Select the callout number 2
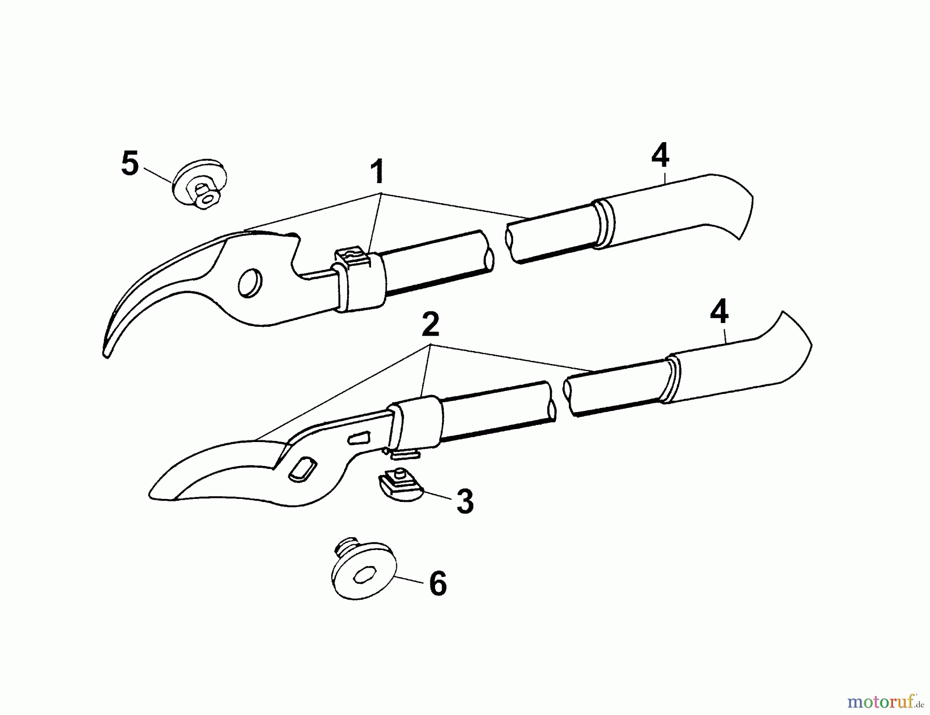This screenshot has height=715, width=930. tap(430, 324)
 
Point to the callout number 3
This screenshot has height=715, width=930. tap(465, 501)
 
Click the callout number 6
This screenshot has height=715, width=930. tap(438, 584)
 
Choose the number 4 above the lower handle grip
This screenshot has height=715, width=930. tap(719, 312)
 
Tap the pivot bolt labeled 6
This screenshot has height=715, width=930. tap(363, 569)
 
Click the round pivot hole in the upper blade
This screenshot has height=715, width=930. tap(250, 283)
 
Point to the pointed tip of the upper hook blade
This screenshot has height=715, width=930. tap(106, 356)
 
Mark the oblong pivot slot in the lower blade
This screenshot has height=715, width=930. tap(302, 469)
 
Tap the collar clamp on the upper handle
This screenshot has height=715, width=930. tap(358, 280)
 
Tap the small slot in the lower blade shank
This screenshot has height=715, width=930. tap(360, 438)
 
